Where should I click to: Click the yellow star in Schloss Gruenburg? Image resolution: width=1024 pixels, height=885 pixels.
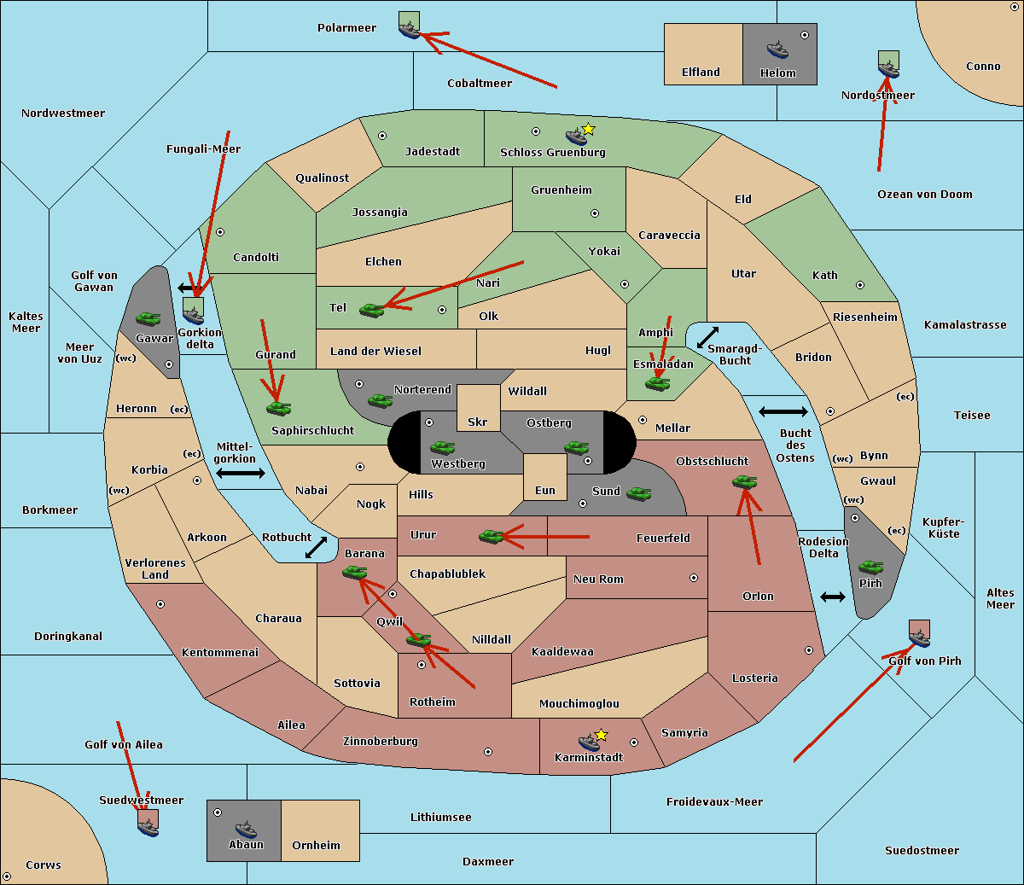pyautogui.click(x=588, y=129)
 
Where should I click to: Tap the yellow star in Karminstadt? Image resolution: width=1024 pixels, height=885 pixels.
pyautogui.click(x=602, y=735)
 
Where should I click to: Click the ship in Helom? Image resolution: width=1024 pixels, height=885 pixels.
pyautogui.click(x=777, y=49)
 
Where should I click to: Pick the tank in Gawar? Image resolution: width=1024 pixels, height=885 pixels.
pyautogui.click(x=148, y=319)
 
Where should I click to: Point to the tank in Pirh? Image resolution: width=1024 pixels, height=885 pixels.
pyautogui.click(x=871, y=568)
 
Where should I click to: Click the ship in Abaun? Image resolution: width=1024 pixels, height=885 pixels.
pyautogui.click(x=246, y=829)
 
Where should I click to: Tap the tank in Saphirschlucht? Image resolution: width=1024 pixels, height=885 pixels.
pyautogui.click(x=278, y=408)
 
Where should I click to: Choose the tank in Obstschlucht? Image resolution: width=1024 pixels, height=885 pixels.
pyautogui.click(x=745, y=482)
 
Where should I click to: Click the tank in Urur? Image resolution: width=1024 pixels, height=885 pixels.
pyautogui.click(x=491, y=536)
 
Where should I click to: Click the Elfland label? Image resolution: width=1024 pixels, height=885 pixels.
pyautogui.click(x=701, y=73)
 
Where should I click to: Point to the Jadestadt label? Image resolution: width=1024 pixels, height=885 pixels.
pyautogui.click(x=432, y=152)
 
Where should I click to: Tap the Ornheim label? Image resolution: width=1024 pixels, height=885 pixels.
pyautogui.click(x=316, y=846)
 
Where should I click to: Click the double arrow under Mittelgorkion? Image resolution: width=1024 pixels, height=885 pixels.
pyautogui.click(x=241, y=474)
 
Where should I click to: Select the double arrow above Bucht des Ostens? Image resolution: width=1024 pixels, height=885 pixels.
pyautogui.click(x=783, y=412)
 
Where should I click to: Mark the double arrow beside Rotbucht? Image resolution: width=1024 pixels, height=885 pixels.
pyautogui.click(x=316, y=548)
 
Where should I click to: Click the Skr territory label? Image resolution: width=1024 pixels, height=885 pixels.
pyautogui.click(x=478, y=422)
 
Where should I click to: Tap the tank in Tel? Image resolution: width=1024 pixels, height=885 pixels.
pyautogui.click(x=371, y=311)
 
